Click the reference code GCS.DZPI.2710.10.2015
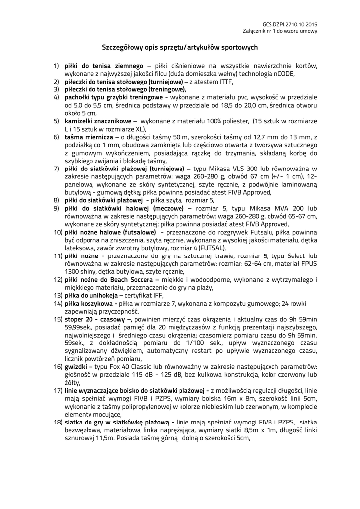[x=289, y=23]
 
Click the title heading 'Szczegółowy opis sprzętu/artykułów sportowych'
[x=180, y=48]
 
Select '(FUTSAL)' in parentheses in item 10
[x=211, y=248]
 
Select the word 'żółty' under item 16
[x=72, y=383]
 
